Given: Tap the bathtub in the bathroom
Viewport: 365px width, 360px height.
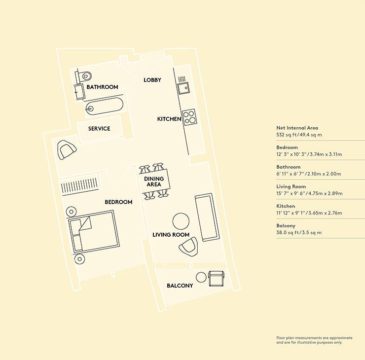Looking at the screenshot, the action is (x=104, y=107).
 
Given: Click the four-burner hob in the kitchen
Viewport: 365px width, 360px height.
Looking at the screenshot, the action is (x=188, y=117).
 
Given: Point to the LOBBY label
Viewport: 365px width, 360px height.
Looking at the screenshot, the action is (x=152, y=80).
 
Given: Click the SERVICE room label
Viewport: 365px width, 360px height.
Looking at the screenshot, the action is (x=99, y=128).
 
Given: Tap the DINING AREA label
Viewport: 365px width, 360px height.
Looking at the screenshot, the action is (x=154, y=181).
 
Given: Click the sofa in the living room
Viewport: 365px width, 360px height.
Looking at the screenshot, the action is (x=207, y=217).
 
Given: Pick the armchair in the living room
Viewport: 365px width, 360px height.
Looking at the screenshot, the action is (x=188, y=247).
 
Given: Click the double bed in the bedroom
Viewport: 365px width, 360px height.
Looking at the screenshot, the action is (x=93, y=231).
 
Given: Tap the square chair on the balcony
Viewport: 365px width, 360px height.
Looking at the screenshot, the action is (x=217, y=279).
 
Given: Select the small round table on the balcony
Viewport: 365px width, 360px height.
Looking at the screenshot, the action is (x=201, y=277).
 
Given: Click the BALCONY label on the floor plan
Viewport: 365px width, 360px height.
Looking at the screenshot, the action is (x=180, y=286).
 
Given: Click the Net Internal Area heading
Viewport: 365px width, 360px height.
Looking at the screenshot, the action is (x=297, y=128).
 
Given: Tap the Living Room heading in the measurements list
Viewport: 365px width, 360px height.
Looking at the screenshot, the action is (x=291, y=186).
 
